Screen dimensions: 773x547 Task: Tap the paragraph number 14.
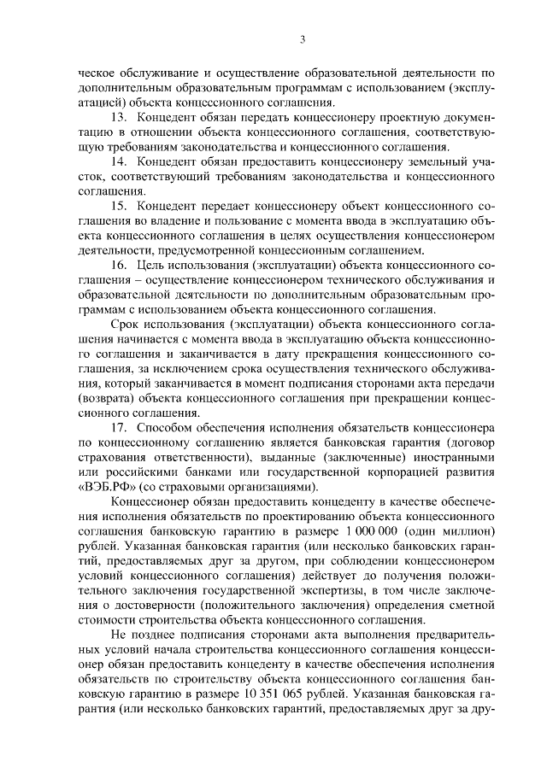tap(120, 160)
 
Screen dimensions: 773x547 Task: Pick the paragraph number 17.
tap(120, 426)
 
